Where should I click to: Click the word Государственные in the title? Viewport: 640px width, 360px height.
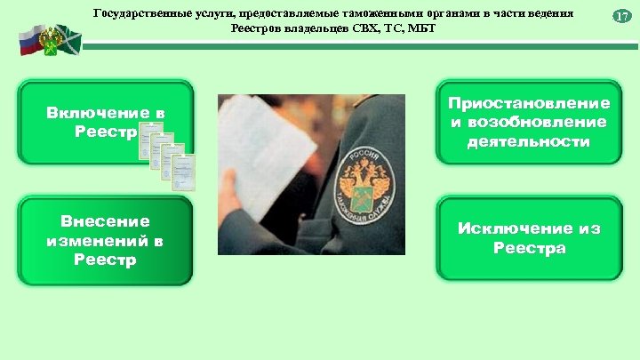(x=137, y=14)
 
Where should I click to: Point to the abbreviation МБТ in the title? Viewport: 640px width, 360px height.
(x=420, y=28)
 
